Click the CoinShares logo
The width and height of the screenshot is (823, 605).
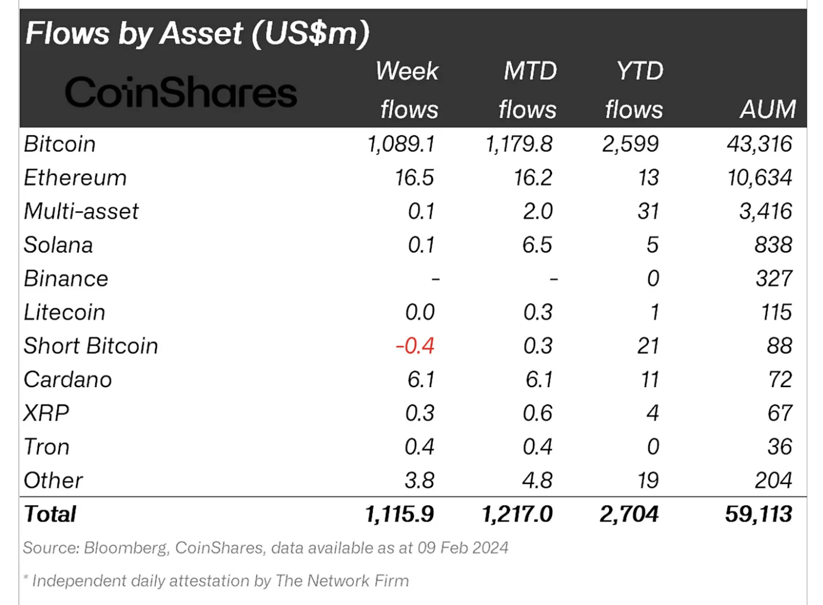pyautogui.click(x=180, y=93)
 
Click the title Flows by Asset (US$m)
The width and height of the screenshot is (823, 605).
pyautogui.click(x=197, y=33)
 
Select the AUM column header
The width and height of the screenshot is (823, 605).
pyautogui.click(x=767, y=110)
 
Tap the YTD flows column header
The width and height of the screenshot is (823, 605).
pyautogui.click(x=635, y=90)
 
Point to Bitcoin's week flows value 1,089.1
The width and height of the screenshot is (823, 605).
pyautogui.click(x=401, y=144)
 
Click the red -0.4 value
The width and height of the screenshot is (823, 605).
pyautogui.click(x=415, y=346)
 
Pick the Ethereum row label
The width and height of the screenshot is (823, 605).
pyautogui.click(x=75, y=178)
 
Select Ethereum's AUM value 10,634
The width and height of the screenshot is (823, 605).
pyautogui.click(x=759, y=178)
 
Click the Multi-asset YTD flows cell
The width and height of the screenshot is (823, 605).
pyautogui.click(x=648, y=212)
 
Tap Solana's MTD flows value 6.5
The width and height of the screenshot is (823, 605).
pyautogui.click(x=536, y=245)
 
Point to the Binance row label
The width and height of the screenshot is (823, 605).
pyautogui.click(x=66, y=279)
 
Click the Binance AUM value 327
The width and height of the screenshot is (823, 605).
pyautogui.click(x=773, y=279)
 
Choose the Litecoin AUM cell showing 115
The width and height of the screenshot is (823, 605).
pyautogui.click(x=776, y=312)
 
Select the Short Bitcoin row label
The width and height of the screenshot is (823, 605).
pyautogui.click(x=90, y=346)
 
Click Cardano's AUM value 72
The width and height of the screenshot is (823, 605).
pyautogui.click(x=780, y=380)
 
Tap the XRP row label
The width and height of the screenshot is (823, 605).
pyautogui.click(x=46, y=413)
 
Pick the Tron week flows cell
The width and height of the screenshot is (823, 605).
pyautogui.click(x=419, y=447)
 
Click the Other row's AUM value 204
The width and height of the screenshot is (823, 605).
pyautogui.click(x=773, y=480)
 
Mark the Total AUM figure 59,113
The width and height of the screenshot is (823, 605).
pyautogui.click(x=758, y=514)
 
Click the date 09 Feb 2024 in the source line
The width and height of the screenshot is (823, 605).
pyautogui.click(x=463, y=548)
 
